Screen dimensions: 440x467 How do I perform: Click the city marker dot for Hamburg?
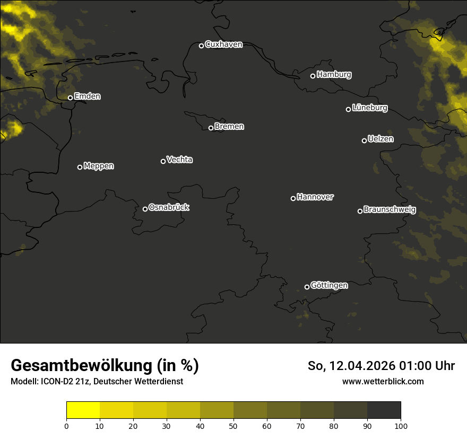tap(313, 76)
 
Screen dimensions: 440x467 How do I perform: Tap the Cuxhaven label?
tap(223, 45)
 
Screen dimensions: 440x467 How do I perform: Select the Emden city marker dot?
tap(70, 98)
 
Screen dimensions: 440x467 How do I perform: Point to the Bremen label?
tap(229, 127)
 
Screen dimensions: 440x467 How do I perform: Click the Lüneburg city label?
tap(369, 108)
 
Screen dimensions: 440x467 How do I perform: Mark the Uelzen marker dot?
tap(364, 140)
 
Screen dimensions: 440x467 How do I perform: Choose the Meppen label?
tap(99, 166)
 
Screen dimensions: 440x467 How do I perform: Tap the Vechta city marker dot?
tap(163, 161)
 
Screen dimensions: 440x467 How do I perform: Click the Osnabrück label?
tap(169, 207)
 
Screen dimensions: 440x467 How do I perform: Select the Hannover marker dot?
tap(293, 198)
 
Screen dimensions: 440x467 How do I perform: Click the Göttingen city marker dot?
tap(307, 287)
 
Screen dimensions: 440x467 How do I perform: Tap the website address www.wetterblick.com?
tap(383, 381)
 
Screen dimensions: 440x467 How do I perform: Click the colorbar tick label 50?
tap(233, 426)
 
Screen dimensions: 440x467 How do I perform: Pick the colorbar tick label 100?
tap(401, 426)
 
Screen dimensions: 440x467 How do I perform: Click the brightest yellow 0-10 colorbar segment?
tap(83, 410)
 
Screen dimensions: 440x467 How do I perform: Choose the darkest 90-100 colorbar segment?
tap(384, 410)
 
